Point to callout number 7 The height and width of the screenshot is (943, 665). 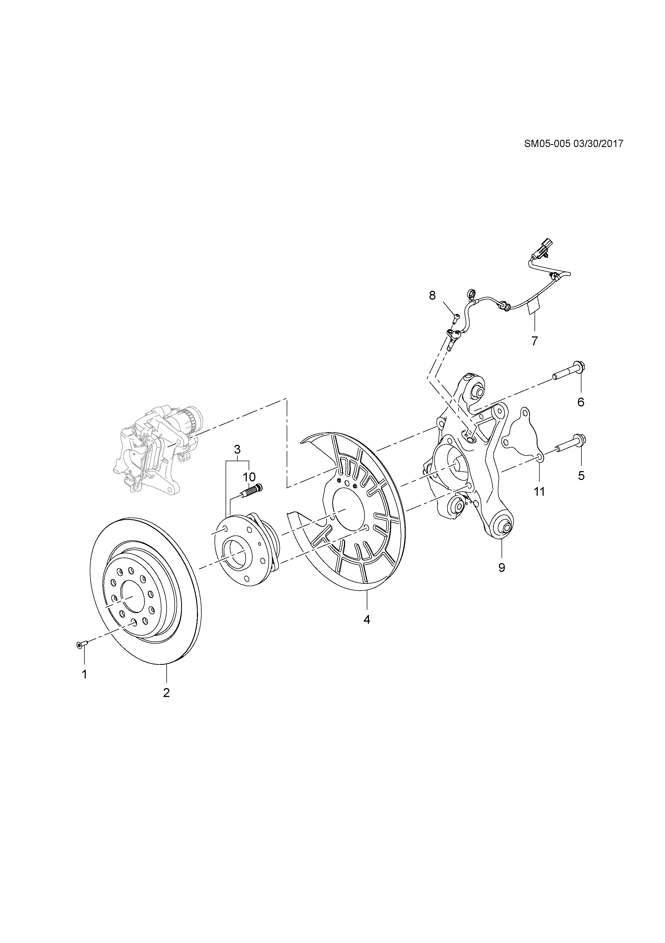click(534, 341)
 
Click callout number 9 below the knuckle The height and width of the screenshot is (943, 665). click(502, 568)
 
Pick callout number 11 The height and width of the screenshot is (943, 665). click(539, 491)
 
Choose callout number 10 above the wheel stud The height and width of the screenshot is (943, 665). click(249, 477)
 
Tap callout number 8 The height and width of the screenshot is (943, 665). click(432, 295)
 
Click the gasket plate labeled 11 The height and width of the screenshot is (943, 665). click(520, 435)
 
